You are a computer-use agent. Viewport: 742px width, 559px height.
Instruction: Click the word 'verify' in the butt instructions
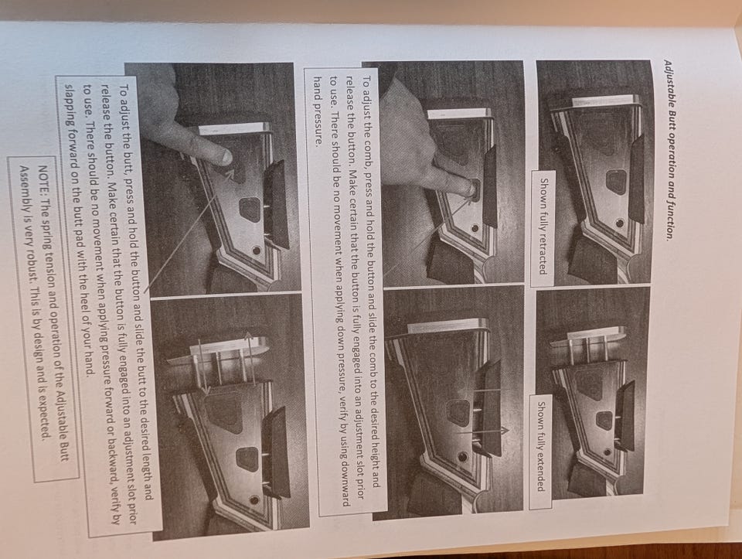(x=114, y=499)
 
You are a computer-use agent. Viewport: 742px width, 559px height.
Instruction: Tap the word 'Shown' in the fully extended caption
(x=540, y=416)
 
